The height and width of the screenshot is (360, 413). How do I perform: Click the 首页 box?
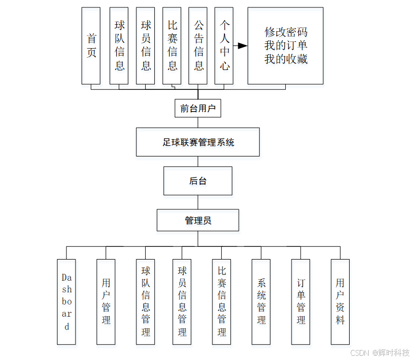coord(91,46)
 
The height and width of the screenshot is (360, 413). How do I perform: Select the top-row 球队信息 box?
coord(119,46)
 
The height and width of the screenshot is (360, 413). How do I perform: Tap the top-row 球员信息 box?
coord(145,46)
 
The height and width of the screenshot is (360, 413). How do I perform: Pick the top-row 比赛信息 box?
coord(172,46)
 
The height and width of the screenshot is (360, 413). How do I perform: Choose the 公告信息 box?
coord(198,46)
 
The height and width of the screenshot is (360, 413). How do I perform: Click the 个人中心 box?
coord(224,46)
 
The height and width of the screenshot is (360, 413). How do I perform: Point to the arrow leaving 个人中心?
coord(240,46)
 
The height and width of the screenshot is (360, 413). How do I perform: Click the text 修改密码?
coord(286,32)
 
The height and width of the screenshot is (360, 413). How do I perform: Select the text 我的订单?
coord(286,45)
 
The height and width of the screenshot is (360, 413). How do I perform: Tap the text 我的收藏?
coord(286,59)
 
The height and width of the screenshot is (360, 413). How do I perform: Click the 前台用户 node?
coord(198,108)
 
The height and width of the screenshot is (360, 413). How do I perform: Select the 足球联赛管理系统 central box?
coord(198,142)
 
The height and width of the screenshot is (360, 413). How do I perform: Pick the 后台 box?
coord(198,181)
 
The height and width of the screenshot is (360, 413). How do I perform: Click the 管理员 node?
coord(198,220)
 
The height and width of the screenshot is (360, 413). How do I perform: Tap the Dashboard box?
coord(67,301)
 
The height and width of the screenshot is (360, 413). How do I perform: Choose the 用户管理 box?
coord(106,301)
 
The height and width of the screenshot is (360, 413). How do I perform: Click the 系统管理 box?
coord(261,301)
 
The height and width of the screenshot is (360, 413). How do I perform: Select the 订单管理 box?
coord(301,301)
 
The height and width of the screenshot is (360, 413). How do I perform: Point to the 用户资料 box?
coord(340,301)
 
